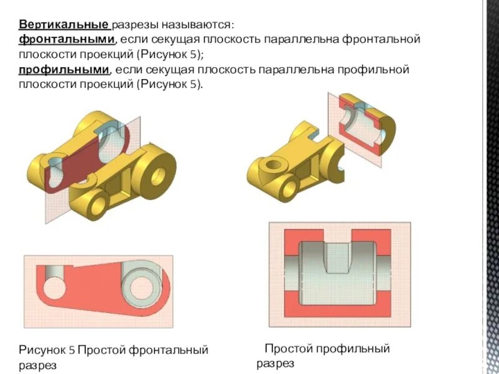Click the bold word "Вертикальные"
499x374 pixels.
[64, 25]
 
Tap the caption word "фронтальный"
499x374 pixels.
[169, 350]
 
